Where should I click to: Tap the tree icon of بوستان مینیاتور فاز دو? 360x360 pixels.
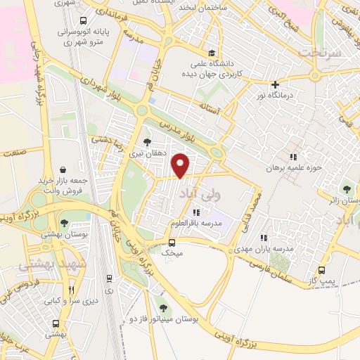click(163, 308)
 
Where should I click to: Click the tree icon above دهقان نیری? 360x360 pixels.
click(147, 143)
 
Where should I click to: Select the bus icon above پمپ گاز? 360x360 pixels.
click(322, 270)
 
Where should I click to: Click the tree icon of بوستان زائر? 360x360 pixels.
click(346, 188)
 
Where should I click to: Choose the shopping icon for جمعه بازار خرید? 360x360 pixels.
click(64, 169)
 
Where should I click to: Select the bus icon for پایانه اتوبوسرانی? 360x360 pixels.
click(84, 21)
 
